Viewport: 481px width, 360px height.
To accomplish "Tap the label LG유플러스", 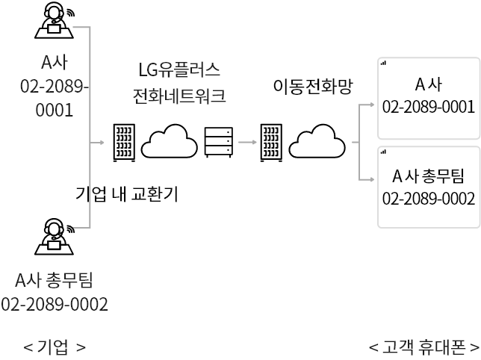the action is pyautogui.click(x=179, y=69).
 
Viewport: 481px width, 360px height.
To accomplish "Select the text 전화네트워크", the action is pyautogui.click(x=179, y=96).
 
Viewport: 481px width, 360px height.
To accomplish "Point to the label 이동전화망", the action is pyautogui.click(x=313, y=86).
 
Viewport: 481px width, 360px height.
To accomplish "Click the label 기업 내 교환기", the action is pyautogui.click(x=127, y=193).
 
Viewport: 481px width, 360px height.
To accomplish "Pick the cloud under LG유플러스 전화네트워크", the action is pyautogui.click(x=170, y=141).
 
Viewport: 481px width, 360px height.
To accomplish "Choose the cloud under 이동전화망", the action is pyautogui.click(x=317, y=141).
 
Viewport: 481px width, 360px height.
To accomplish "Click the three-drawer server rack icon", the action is pyautogui.click(x=219, y=142).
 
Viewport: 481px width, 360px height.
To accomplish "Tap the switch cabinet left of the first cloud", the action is pyautogui.click(x=124, y=143).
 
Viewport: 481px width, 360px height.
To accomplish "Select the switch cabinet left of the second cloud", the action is pyautogui.click(x=271, y=143).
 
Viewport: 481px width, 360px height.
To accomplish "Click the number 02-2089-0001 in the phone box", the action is pyautogui.click(x=429, y=107).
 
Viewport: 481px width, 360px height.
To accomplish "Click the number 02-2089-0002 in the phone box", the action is pyautogui.click(x=429, y=199).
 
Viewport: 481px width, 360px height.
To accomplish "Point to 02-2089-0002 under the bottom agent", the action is pyautogui.click(x=55, y=305).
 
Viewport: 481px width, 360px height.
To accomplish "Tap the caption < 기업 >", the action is pyautogui.click(x=55, y=347).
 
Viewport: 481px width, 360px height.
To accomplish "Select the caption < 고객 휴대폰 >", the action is pyautogui.click(x=424, y=347).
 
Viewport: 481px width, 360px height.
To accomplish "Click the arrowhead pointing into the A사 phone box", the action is pyautogui.click(x=372, y=105).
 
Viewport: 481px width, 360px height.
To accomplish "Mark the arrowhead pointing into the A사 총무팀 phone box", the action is pyautogui.click(x=372, y=179).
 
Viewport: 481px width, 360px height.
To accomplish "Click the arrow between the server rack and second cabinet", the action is pyautogui.click(x=247, y=142).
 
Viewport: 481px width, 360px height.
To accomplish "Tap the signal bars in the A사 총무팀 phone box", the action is pyautogui.click(x=383, y=152).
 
